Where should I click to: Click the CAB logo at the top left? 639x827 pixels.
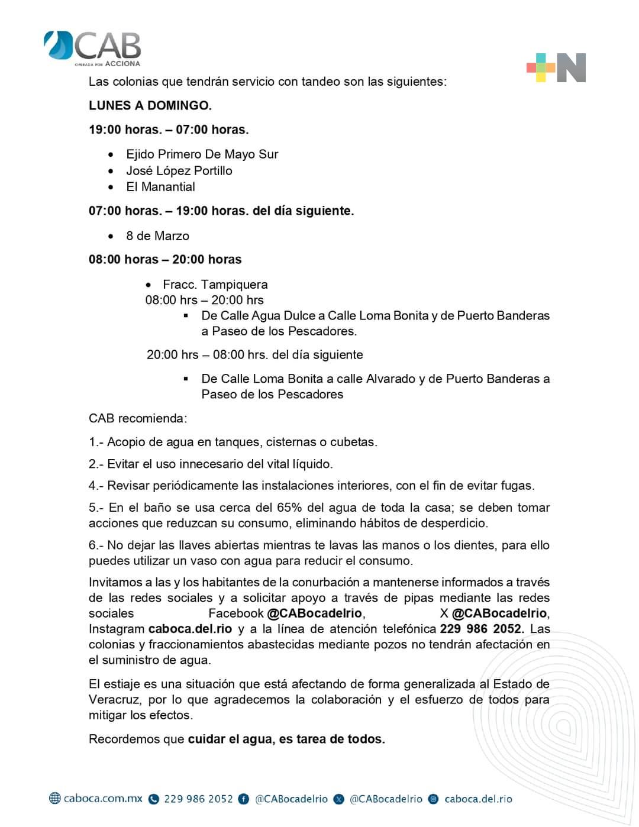(x=93, y=48)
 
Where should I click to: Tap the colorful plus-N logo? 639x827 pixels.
(x=556, y=67)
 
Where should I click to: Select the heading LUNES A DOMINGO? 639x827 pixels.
(x=150, y=106)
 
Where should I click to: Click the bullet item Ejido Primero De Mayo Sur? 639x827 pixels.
(x=202, y=154)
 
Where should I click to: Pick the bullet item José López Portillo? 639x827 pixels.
(x=179, y=171)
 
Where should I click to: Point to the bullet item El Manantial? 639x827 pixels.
(x=160, y=187)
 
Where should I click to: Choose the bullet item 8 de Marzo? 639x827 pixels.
(x=157, y=236)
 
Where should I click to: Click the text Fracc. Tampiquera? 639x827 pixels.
(x=215, y=285)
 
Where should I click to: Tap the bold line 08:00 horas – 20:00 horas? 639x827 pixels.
(x=165, y=260)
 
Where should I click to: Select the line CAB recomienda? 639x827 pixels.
(x=137, y=418)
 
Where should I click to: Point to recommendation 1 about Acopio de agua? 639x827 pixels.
(x=233, y=442)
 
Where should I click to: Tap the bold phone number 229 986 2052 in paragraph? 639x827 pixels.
(x=481, y=629)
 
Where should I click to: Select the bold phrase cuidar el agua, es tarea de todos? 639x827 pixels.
(x=286, y=739)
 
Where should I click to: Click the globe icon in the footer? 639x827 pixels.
(x=55, y=799)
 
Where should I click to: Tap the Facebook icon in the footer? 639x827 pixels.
(x=243, y=799)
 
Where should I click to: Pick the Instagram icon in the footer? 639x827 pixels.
(x=433, y=799)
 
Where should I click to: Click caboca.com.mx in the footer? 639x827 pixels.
(x=103, y=799)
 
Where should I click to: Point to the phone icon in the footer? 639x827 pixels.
(x=154, y=799)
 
